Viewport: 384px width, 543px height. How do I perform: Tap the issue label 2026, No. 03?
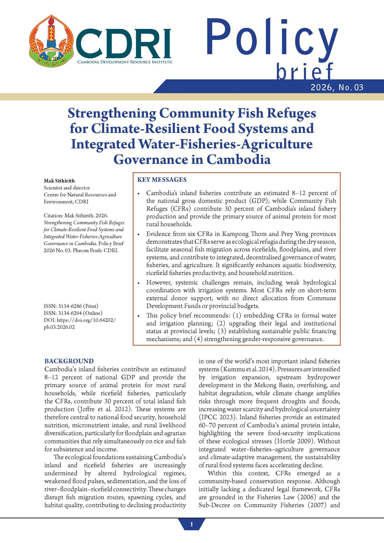pyautogui.click(x=337, y=88)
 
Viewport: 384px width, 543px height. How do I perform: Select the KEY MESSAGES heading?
pyautogui.click(x=162, y=180)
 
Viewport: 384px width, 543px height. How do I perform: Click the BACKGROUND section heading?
pyautogui.click(x=69, y=361)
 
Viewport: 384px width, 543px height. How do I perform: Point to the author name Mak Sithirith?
pyautogui.click(x=59, y=181)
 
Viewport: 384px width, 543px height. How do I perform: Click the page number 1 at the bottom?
pyautogui.click(x=191, y=525)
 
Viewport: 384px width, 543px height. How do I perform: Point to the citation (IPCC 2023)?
pyautogui.click(x=217, y=417)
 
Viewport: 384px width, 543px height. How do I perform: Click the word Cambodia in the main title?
pyautogui.click(x=238, y=159)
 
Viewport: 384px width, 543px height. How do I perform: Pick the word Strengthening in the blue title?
pyautogui.click(x=112, y=113)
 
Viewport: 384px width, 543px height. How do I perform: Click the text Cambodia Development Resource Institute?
pyautogui.click(x=125, y=62)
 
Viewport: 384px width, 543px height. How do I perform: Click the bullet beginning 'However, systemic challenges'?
pyautogui.click(x=241, y=294)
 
